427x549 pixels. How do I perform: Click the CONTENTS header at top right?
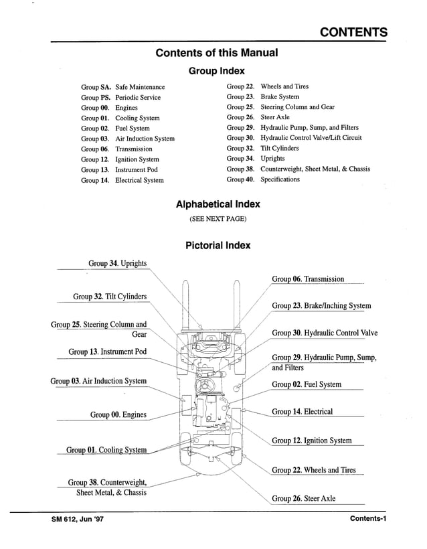pyautogui.click(x=353, y=32)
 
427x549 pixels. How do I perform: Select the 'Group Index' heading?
pyautogui.click(x=217, y=70)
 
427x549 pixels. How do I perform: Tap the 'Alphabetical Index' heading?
pyautogui.click(x=218, y=204)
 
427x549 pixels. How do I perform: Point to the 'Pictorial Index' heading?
pyautogui.click(x=218, y=245)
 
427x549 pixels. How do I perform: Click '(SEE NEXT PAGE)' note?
pyautogui.click(x=218, y=219)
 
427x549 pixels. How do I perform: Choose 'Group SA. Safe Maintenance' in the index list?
pyautogui.click(x=123, y=87)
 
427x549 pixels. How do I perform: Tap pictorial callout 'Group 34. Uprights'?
pyautogui.click(x=117, y=264)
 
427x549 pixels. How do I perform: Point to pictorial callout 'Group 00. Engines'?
pyautogui.click(x=118, y=414)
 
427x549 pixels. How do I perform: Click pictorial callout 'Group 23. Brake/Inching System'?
pyautogui.click(x=321, y=306)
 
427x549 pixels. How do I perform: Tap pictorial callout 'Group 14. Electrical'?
pyautogui.click(x=302, y=412)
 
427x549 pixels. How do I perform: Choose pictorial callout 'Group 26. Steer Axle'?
pyautogui.click(x=303, y=499)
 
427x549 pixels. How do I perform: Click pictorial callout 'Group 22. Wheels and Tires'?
pyautogui.click(x=313, y=470)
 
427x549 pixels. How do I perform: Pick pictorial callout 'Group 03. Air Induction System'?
pyautogui.click(x=98, y=381)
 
